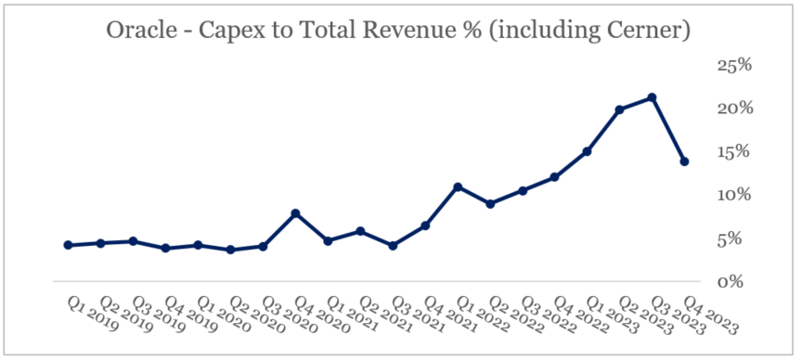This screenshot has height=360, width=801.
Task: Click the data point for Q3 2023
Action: point(652,97)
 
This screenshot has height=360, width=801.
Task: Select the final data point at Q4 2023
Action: point(685,161)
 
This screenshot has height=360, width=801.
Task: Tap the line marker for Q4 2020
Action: point(295,213)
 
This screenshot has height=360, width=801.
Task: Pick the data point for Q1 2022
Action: point(458,187)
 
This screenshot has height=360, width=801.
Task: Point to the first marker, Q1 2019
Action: point(68,245)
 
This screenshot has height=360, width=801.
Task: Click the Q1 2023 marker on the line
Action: point(588,151)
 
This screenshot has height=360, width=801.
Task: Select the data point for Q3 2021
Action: point(393,246)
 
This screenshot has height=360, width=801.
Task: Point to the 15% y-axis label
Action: point(734,151)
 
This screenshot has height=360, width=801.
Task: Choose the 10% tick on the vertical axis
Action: point(734,195)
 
